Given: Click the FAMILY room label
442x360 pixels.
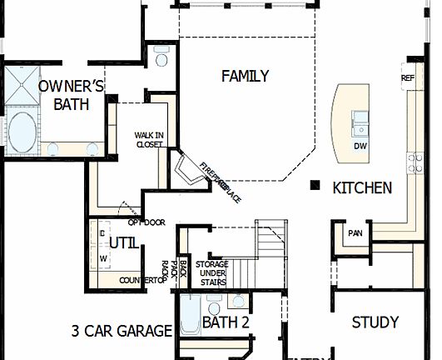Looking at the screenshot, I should pos(245,77).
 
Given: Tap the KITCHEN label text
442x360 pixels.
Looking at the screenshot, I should pos(362,188).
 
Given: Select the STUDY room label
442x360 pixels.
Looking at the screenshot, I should pos(375,322).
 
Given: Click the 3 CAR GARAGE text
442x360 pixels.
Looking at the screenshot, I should pos(121,331).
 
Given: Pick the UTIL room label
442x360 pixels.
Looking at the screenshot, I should pos(124,242).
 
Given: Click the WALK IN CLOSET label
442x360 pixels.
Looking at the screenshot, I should pos(150,139).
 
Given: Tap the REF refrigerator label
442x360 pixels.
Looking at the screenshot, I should pos(407,79).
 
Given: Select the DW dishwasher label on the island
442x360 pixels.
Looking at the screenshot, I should pos(360,146).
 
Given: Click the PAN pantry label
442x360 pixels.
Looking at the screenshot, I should pos(355,233).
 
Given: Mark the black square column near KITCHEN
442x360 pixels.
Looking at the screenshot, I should pos(315,185).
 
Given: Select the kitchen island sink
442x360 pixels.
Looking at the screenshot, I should pos(360,127).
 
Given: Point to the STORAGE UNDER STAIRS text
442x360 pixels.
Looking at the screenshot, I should pos(211,273).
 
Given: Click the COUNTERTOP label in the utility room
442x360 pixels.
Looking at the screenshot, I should pos(143,281).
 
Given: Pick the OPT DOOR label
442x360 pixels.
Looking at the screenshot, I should pos(147,222).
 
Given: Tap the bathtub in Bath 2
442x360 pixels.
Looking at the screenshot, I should pos(188,319).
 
